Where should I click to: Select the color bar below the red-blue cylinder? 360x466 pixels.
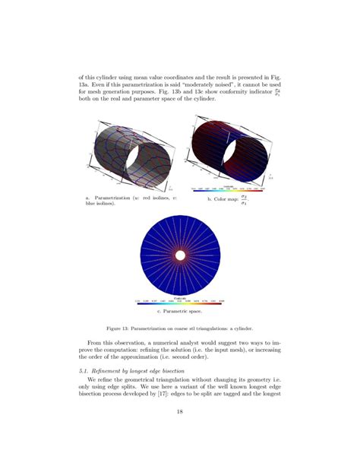pos(232,187)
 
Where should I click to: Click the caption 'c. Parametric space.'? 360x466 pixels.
pos(179,312)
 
